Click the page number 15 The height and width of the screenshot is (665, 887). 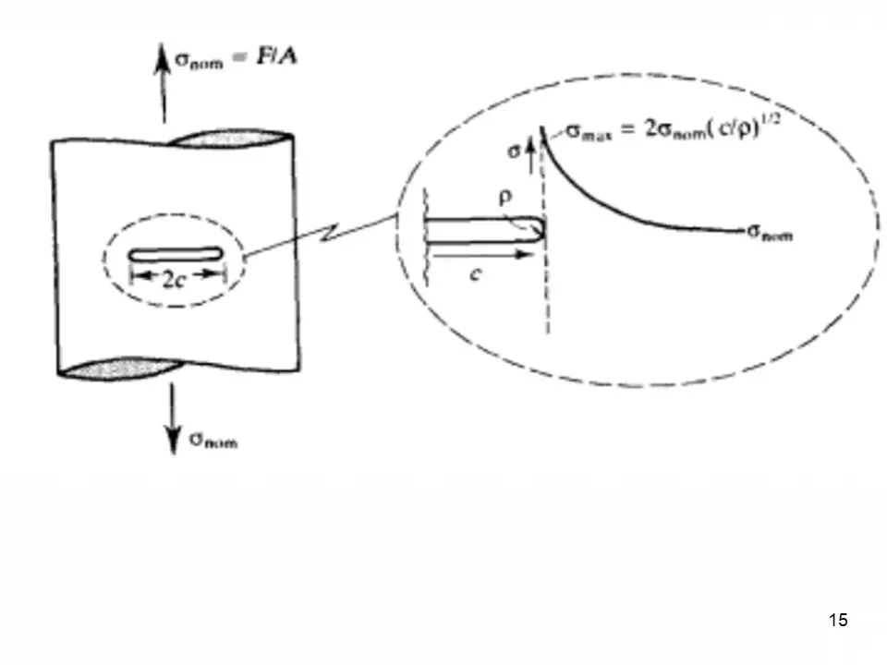838,620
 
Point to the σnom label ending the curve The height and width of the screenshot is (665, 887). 769,233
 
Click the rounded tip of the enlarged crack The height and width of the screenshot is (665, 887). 539,230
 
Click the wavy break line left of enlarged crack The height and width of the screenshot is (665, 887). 425,222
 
